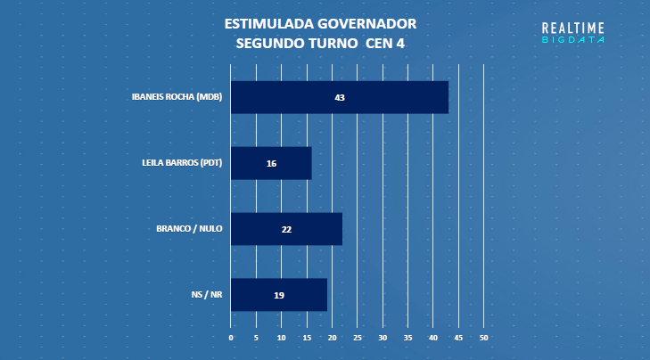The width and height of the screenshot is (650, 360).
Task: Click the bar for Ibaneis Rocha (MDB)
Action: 339,97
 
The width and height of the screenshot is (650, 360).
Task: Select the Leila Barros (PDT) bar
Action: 271,163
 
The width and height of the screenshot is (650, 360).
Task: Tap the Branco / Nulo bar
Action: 286,229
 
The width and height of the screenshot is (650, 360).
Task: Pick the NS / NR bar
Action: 278,295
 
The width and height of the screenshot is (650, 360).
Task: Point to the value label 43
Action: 340,97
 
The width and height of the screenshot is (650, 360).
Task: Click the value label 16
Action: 271,164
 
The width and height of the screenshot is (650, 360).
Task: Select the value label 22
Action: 286,230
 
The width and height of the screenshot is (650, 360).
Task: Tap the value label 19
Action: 279,295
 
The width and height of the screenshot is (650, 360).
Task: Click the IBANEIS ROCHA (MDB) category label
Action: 177,96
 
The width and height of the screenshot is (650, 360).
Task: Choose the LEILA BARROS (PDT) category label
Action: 182,162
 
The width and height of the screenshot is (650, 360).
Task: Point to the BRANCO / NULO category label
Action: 189,229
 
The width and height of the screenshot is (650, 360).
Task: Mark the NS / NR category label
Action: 206,295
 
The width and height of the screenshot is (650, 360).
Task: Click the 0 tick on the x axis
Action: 231,338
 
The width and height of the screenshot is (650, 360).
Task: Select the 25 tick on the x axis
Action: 358,338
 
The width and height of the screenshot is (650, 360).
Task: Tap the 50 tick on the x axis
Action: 484,338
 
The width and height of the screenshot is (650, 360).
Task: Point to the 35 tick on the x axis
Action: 408,338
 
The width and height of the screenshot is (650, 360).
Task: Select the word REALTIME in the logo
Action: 573,29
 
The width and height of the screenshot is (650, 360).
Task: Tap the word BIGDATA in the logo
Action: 573,40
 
